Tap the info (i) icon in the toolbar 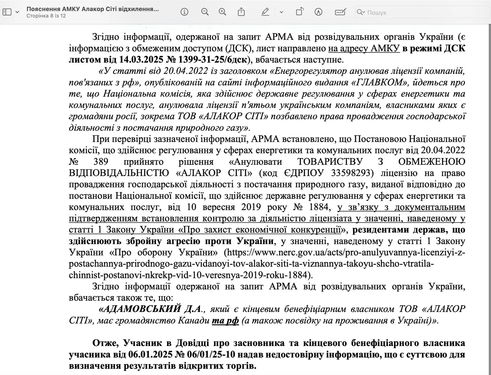pyautogui.click(x=184, y=12)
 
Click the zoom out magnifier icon pyautogui.click(x=205, y=12)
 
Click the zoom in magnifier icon pyautogui.click(x=222, y=12)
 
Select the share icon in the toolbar pyautogui.click(x=241, y=12)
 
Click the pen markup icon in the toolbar pyautogui.click(x=265, y=12)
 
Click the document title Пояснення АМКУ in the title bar pyautogui.click(x=93, y=9)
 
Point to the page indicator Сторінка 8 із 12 pyautogui.click(x=46, y=16)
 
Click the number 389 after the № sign pyautogui.click(x=100, y=161)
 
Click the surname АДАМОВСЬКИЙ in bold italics pyautogui.click(x=140, y=309)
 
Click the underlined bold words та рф pyautogui.click(x=225, y=321)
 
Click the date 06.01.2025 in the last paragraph pyautogui.click(x=150, y=355)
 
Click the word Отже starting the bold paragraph pyautogui.click(x=105, y=343)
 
